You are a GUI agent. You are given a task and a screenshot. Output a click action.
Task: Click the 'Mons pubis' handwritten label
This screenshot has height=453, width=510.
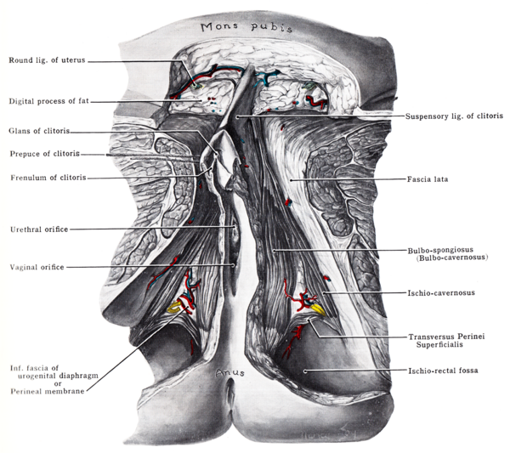[246, 27]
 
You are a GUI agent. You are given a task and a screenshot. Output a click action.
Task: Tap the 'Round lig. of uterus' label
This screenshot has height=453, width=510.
[47, 60]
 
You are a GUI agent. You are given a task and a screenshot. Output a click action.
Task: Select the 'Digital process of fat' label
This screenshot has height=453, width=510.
[48, 102]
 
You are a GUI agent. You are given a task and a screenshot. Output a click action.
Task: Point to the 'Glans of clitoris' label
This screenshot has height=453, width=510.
[39, 131]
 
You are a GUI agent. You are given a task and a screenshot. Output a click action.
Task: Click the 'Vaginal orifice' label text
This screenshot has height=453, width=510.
[35, 266]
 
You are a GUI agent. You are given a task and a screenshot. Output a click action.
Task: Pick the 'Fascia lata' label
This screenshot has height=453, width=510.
[428, 179]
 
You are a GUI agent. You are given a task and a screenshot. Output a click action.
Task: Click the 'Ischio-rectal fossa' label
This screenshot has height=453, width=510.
[444, 371]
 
